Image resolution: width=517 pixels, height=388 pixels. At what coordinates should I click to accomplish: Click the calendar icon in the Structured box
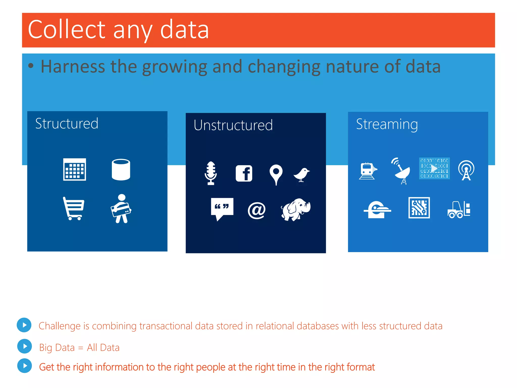pyautogui.click(x=74, y=169)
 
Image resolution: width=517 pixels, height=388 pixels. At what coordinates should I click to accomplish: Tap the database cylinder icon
pyautogui.click(x=121, y=169)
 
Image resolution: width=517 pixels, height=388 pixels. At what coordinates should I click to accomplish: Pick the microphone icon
pyautogui.click(x=211, y=173)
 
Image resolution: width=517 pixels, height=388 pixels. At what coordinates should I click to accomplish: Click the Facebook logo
pyautogui.click(x=244, y=173)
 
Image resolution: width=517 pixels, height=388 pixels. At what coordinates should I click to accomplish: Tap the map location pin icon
pyautogui.click(x=276, y=174)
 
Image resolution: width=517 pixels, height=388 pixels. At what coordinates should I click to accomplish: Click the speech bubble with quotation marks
pyautogui.click(x=222, y=208)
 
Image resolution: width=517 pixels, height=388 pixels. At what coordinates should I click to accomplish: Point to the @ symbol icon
pyautogui.click(x=256, y=210)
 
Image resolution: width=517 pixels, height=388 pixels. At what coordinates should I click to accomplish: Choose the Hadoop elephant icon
pyautogui.click(x=296, y=209)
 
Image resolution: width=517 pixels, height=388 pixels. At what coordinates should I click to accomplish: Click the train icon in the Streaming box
pyautogui.click(x=368, y=171)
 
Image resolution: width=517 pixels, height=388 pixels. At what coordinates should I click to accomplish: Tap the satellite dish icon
pyautogui.click(x=401, y=171)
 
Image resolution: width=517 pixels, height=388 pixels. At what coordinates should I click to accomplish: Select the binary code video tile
pyautogui.click(x=434, y=168)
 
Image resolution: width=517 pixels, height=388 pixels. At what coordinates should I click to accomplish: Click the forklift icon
pyautogui.click(x=459, y=209)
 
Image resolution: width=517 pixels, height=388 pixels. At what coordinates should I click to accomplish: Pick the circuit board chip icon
pyautogui.click(x=419, y=208)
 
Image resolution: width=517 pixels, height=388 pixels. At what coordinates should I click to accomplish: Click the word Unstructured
pyautogui.click(x=233, y=125)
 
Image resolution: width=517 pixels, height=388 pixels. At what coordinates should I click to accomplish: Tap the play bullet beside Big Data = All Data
pyautogui.click(x=24, y=346)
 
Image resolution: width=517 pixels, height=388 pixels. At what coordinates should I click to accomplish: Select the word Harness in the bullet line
pyautogui.click(x=73, y=66)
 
